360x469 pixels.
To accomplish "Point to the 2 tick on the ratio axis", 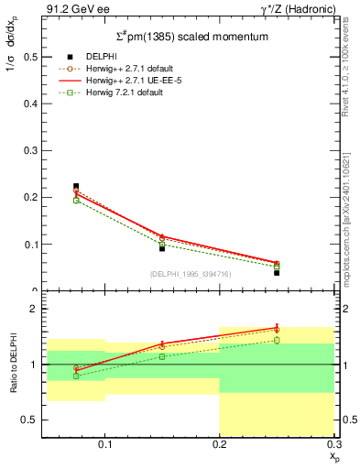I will click(x=34, y=310).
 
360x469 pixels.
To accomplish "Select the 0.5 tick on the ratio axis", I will click(x=30, y=420).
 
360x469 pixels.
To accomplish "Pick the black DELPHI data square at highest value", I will click(x=76, y=186).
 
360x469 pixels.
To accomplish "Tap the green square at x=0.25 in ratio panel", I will click(x=277, y=340).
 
